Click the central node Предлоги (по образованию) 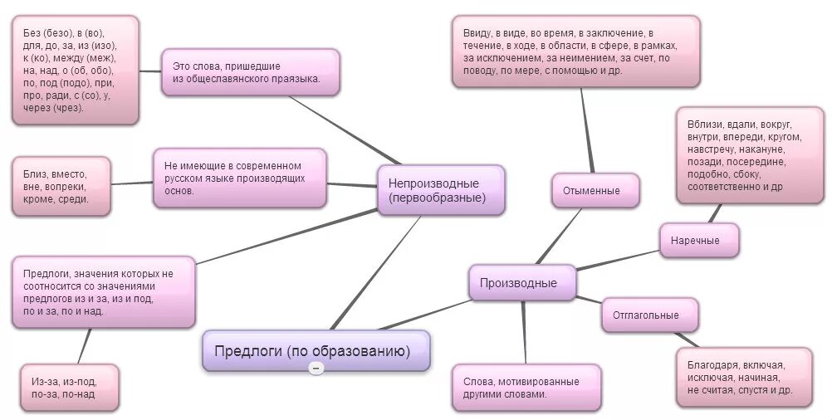[x=316, y=350]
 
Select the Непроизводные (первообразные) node [x=441, y=190]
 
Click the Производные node [x=522, y=283]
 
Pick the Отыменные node [x=595, y=190]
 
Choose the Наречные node [x=700, y=241]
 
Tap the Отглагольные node [x=649, y=315]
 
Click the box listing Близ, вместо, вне [x=61, y=187]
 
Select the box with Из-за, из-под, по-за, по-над [x=68, y=388]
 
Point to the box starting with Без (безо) [x=76, y=70]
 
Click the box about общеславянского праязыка [x=251, y=71]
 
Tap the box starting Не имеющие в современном [x=239, y=178]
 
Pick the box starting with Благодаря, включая [x=744, y=377]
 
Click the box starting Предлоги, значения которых [x=104, y=292]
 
